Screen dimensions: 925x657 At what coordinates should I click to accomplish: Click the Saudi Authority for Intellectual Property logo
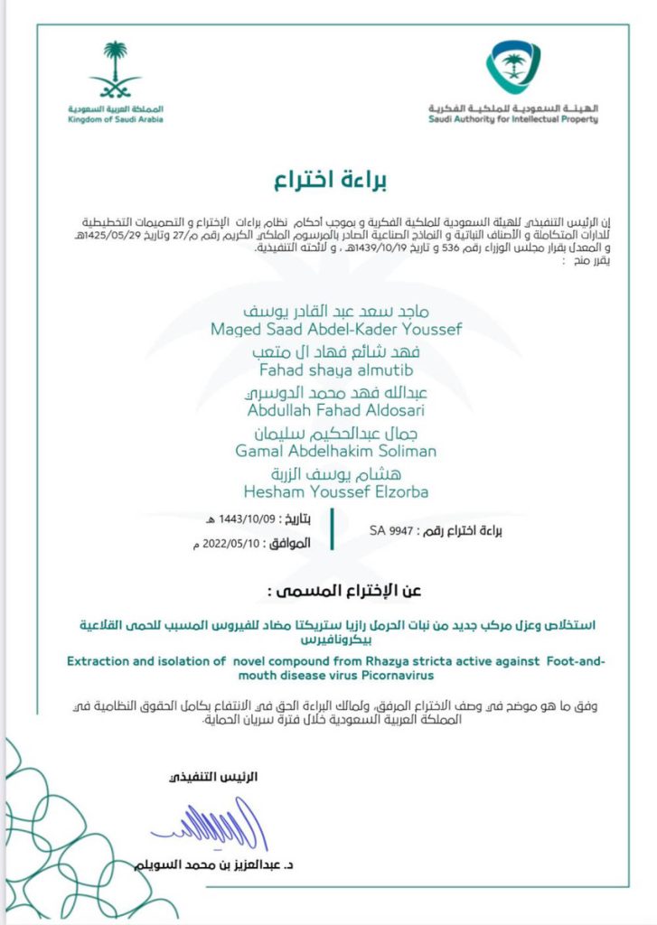pyautogui.click(x=514, y=70)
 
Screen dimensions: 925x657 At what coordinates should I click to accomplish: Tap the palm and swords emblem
pyautogui.click(x=115, y=71)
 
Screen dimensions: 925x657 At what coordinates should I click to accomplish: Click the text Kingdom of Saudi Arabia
pyautogui.click(x=115, y=120)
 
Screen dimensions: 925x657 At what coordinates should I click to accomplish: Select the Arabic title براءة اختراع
pyautogui.click(x=330, y=180)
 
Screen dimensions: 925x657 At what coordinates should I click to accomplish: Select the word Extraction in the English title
pyautogui.click(x=101, y=662)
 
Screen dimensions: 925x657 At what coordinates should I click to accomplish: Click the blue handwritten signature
pyautogui.click(x=211, y=827)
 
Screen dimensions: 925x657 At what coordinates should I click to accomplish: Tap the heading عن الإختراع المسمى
pyautogui.click(x=328, y=593)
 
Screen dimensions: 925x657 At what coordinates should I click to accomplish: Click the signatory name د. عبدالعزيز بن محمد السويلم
pyautogui.click(x=210, y=866)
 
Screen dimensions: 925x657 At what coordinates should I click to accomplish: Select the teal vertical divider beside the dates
pyautogui.click(x=333, y=529)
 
